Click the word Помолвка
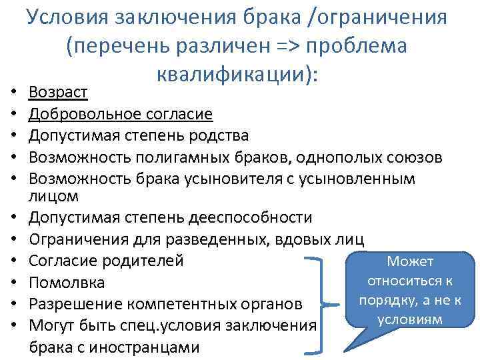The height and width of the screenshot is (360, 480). (x=67, y=283)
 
